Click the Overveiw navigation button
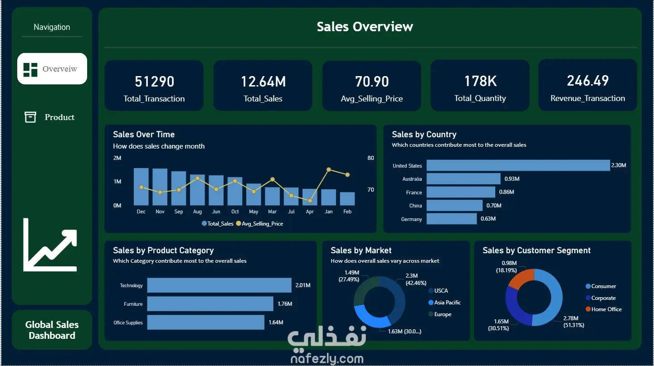pos(52,68)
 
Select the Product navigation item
pos(49,117)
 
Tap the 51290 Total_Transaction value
pos(155,82)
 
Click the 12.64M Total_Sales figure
pos(263,82)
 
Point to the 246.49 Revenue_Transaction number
pos(588,81)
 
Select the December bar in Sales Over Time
pos(141,187)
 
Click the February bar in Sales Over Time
pos(347,198)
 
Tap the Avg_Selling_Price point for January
pos(329,169)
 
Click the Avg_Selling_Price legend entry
pos(259,224)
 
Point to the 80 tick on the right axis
pos(371,158)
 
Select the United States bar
pos(518,165)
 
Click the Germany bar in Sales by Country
pos(452,219)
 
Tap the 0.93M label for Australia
pos(512,179)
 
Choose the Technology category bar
pos(219,285)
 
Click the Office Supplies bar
pos(206,322)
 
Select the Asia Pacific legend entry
pos(444,303)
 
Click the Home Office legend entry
pos(604,309)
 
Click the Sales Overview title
pos(365,27)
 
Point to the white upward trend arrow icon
pos(50,245)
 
